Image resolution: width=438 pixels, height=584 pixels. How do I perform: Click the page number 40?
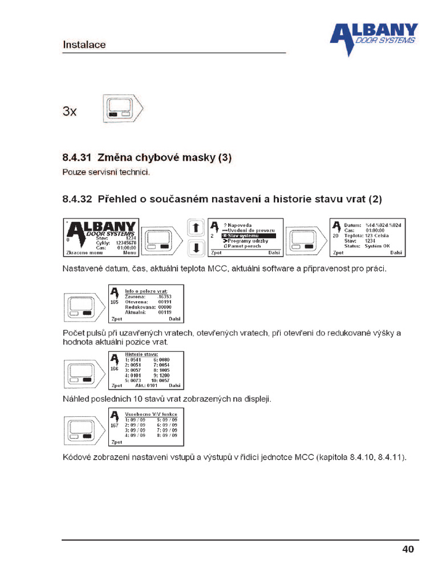(408, 549)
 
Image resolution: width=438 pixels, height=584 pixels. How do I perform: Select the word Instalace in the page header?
(84, 44)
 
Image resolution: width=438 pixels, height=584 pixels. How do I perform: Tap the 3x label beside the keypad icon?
(69, 111)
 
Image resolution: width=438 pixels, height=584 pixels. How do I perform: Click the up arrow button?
(196, 228)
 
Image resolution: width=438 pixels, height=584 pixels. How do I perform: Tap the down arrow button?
(196, 248)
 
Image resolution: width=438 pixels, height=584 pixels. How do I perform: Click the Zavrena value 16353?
(164, 297)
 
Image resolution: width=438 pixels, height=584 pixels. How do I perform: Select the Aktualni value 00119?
(164, 313)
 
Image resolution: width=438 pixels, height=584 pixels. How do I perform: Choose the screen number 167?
(114, 425)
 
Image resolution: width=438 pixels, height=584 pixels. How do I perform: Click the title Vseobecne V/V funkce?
(151, 414)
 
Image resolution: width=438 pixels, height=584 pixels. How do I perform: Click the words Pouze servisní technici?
(106, 172)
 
